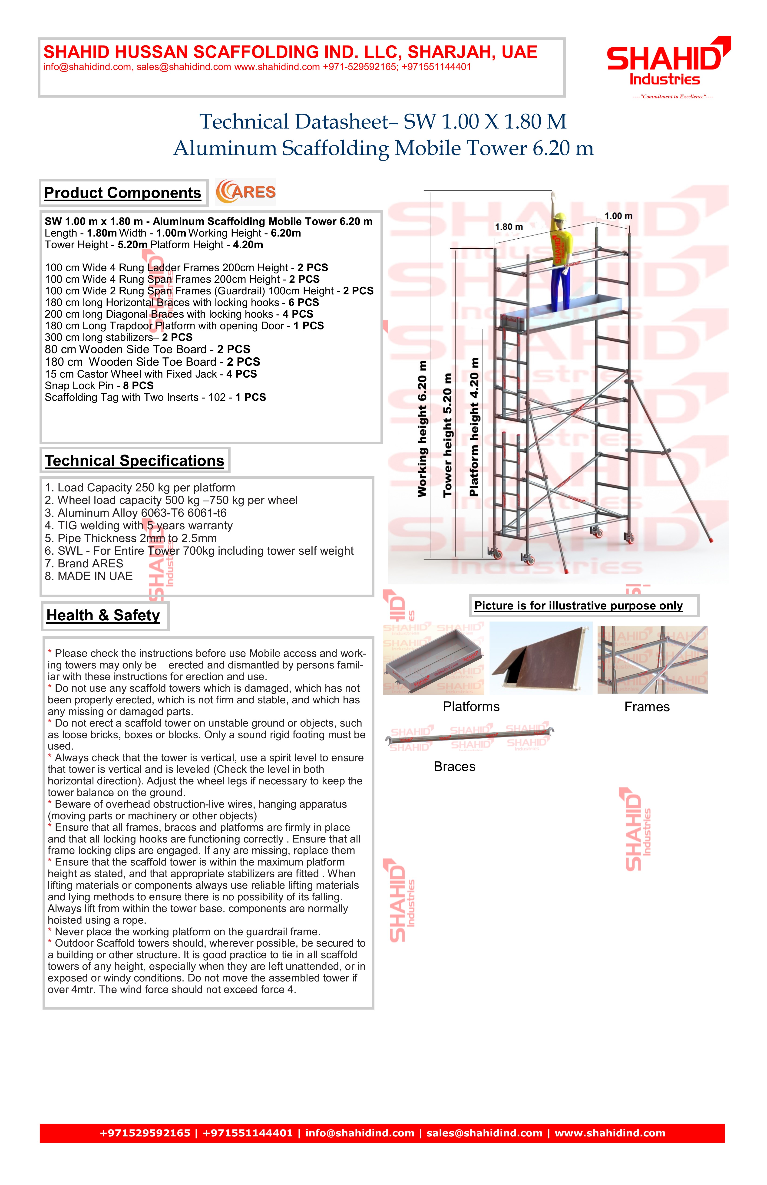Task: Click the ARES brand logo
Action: coord(245,192)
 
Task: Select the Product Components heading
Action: coord(122,193)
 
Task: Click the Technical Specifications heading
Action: coord(135,461)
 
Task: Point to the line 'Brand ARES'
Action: coord(84,564)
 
